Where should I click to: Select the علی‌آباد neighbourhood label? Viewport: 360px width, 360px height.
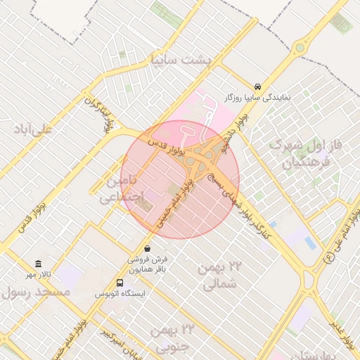(33, 129)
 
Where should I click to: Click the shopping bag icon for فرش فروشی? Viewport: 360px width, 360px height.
(147, 249)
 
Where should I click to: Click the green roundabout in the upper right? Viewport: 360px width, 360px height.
(300, 49)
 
